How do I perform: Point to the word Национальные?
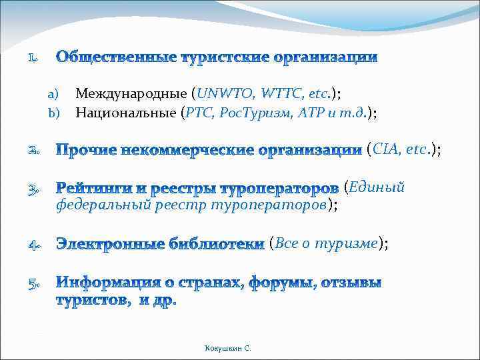click(x=126, y=113)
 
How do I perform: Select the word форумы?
click(x=283, y=283)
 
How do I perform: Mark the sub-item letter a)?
click(x=54, y=95)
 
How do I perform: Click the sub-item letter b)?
click(x=54, y=113)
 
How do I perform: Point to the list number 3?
click(x=32, y=191)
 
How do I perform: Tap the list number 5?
click(x=32, y=286)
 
